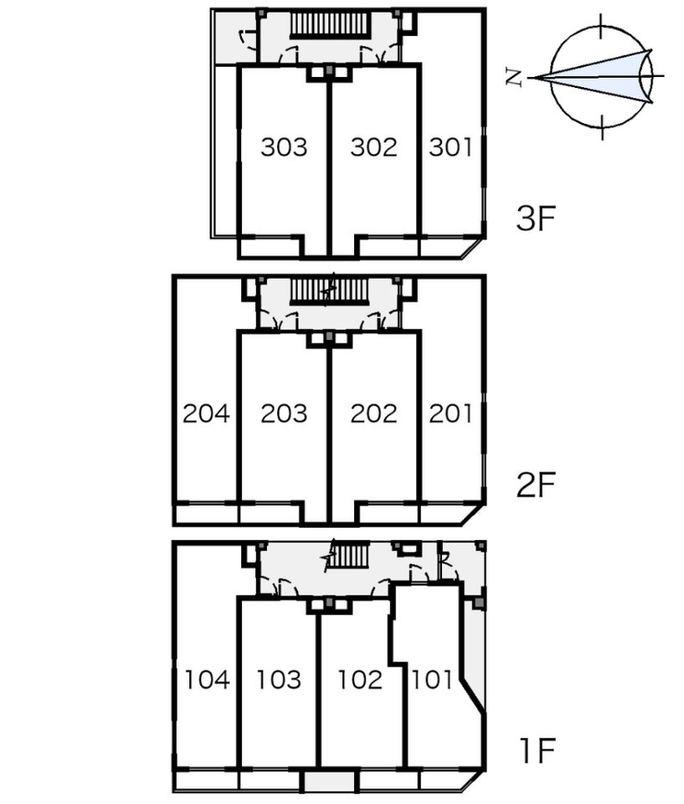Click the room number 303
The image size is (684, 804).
point(284,147)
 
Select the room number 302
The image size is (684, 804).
point(373,147)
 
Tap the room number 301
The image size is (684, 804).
point(450,147)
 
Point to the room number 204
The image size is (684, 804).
point(206,414)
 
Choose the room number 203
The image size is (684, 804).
point(284,414)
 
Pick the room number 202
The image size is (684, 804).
point(373,414)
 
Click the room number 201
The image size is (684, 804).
point(450,414)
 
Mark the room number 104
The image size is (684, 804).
point(207,680)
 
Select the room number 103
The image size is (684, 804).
point(279,680)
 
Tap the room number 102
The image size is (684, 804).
point(360,680)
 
